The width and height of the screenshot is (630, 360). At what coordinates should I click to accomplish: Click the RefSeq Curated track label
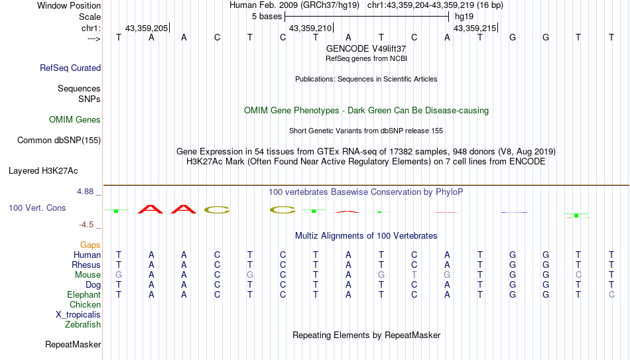(x=70, y=68)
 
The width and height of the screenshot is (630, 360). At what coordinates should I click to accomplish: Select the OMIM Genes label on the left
(x=75, y=120)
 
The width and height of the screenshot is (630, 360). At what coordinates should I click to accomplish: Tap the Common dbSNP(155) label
(x=59, y=141)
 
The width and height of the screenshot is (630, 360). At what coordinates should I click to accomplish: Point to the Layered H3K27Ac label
(x=43, y=171)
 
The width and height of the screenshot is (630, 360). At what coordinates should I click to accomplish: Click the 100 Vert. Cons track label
(x=37, y=208)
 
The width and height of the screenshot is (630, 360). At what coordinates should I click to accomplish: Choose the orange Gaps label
(x=90, y=245)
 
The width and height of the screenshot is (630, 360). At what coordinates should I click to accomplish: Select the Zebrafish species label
(x=83, y=324)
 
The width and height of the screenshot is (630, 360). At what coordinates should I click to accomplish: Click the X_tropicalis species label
(x=78, y=315)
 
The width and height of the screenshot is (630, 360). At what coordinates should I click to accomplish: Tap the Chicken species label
(x=85, y=304)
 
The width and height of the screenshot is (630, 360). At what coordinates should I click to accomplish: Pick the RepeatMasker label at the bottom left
(x=73, y=344)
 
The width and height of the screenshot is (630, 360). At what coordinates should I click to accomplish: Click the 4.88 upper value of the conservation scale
(x=85, y=192)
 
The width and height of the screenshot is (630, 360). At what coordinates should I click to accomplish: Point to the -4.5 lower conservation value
(x=86, y=225)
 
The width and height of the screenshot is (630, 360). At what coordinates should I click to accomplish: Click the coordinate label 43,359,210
(x=310, y=28)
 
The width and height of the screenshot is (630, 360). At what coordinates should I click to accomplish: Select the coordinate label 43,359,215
(x=475, y=28)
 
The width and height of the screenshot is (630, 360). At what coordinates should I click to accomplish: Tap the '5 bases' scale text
(x=267, y=17)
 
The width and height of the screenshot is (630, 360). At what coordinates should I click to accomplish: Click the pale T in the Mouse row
(x=414, y=275)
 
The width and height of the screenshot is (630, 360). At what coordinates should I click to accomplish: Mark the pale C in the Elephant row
(x=611, y=294)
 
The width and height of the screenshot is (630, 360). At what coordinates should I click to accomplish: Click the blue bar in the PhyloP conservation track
(x=514, y=212)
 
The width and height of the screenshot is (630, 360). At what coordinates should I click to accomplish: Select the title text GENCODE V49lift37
(x=366, y=48)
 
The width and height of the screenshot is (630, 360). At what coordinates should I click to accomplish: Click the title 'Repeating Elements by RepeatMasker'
(x=367, y=335)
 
